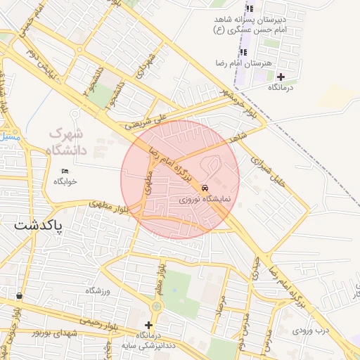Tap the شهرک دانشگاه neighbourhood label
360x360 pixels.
[65, 141]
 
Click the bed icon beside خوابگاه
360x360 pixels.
[65, 171]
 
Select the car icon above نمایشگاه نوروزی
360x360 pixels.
[204, 188]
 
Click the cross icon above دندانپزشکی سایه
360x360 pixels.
[148, 325]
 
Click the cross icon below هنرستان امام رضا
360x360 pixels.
[281, 77]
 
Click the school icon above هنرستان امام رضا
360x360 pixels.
[243, 53]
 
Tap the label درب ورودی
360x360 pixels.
[311, 329]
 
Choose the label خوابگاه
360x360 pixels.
[65, 181]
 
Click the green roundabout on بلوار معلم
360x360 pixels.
[156, 307]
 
